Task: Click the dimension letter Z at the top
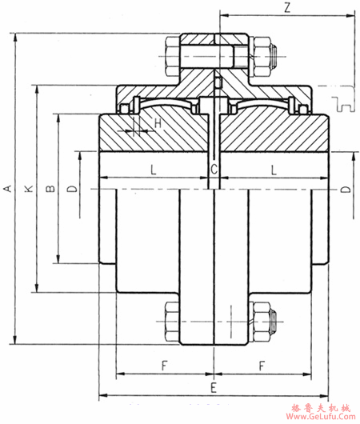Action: (x=287, y=8)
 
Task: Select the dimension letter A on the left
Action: (x=9, y=188)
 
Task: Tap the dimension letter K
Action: (x=29, y=189)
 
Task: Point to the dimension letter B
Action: (x=50, y=188)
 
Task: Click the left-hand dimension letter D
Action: (x=72, y=188)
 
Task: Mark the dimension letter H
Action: (x=158, y=123)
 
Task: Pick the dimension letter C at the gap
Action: (x=214, y=170)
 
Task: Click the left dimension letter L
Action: (x=154, y=170)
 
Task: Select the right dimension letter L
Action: (x=274, y=170)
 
